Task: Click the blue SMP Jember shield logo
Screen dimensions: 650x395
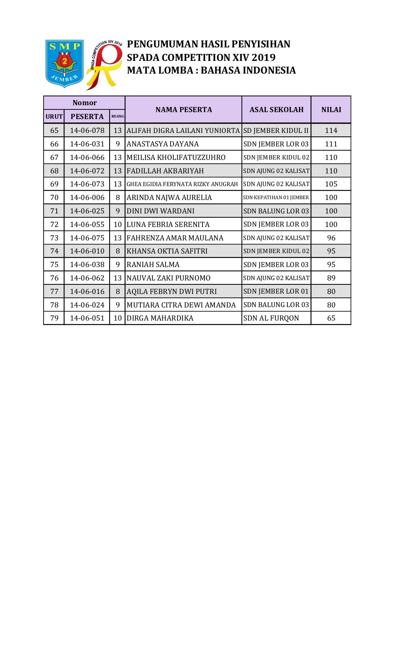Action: [x=64, y=63]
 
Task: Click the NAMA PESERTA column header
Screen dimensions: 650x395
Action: [x=184, y=110]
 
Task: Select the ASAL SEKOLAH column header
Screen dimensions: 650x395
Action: [x=276, y=110]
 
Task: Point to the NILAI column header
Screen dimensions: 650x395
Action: [x=331, y=110]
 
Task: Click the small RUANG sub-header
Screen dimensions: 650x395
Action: [x=118, y=116]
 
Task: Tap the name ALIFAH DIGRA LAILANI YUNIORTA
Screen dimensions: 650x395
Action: [x=183, y=131]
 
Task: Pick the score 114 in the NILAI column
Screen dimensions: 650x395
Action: [x=331, y=131]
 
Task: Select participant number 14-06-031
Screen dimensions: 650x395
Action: [x=87, y=144]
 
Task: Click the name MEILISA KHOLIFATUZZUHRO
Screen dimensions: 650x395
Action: [x=176, y=158]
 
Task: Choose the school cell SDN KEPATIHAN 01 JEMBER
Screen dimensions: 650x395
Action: [x=276, y=198]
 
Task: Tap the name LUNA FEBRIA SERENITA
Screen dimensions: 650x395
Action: [x=168, y=225]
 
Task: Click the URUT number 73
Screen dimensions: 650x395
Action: [x=54, y=238]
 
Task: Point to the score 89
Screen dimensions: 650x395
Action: [x=331, y=278]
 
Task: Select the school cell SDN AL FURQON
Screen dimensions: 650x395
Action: [x=271, y=318]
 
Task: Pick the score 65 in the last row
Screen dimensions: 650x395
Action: [x=331, y=318]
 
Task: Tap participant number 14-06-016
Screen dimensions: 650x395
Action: [x=87, y=292]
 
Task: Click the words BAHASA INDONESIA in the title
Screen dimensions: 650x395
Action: [x=248, y=71]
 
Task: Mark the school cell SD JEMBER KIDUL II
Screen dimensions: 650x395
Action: [x=276, y=131]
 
